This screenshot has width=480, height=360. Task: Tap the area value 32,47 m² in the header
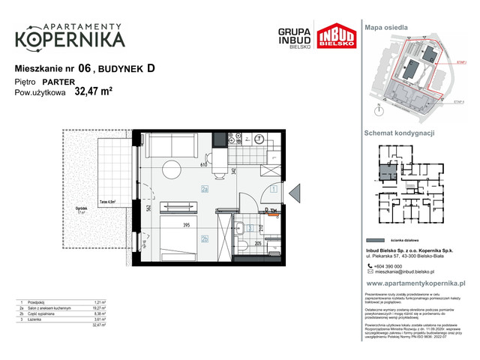94,92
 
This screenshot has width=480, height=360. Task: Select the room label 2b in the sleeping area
204,239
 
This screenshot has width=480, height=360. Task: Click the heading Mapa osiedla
385,27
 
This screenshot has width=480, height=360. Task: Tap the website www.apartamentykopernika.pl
416,283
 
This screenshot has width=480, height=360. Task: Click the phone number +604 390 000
391,267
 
